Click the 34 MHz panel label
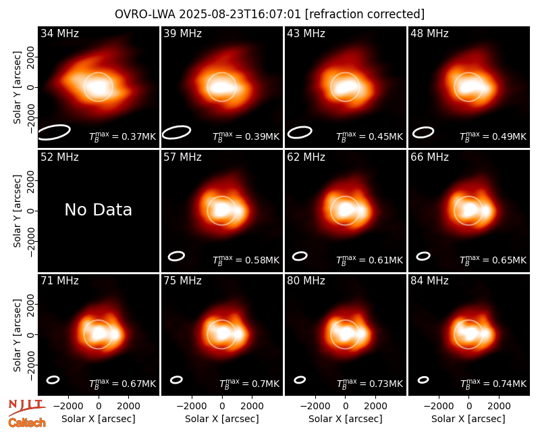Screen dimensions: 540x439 coord(59,33)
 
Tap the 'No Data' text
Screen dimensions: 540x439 coord(98,210)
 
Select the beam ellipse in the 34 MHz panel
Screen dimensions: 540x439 coord(54,132)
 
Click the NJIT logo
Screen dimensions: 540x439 coord(27,407)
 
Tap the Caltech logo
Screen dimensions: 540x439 coord(27,423)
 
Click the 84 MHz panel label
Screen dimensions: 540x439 coord(429,281)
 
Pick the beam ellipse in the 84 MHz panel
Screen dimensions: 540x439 coord(423,380)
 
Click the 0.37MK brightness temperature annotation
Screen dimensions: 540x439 coord(123,136)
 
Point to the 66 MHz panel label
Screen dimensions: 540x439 coord(429,157)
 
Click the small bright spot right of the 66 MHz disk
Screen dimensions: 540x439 coord(487,209)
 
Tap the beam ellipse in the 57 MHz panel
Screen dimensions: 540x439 coord(176,256)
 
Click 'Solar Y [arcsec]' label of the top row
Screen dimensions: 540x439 coord(17,88)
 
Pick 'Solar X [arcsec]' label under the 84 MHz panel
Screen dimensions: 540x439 coord(468,419)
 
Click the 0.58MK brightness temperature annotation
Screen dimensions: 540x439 coord(246,260)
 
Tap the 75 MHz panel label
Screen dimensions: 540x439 coord(182,281)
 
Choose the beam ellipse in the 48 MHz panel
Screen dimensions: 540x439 coord(423,132)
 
